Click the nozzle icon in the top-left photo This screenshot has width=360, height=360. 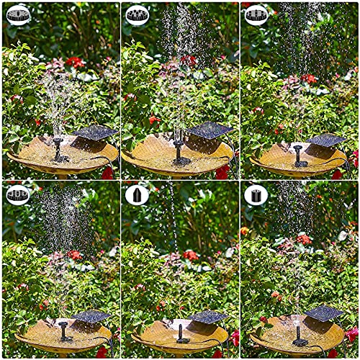[18, 14]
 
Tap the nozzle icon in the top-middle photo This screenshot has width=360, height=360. [137, 14]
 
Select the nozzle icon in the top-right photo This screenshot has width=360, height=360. [257, 14]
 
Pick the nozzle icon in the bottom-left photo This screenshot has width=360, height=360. [18, 194]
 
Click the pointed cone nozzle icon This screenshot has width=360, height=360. [137, 194]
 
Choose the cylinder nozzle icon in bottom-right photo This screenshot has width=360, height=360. [256, 194]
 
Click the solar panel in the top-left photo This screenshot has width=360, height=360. [95, 132]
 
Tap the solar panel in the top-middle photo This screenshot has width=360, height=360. [210, 130]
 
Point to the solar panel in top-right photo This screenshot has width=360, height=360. [328, 140]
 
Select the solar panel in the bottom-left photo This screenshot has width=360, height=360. [91, 315]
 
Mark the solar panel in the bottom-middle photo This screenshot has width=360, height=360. [209, 315]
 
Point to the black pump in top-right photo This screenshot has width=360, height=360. [296, 155]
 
